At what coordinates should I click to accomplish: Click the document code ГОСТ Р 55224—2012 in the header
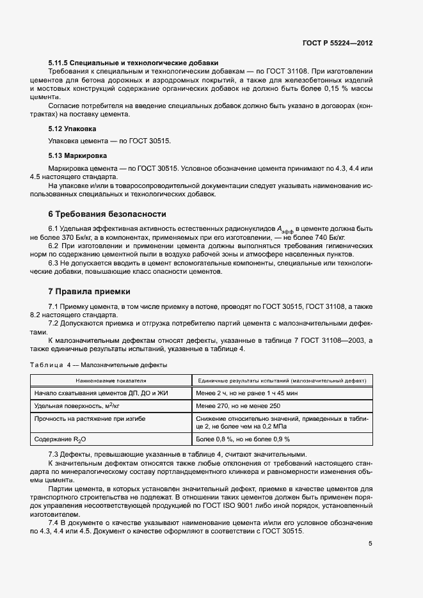[x=337, y=43]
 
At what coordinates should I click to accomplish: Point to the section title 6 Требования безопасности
[x=107, y=214]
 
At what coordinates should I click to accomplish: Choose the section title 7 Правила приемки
[x=89, y=290]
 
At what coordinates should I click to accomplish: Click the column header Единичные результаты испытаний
[x=282, y=381]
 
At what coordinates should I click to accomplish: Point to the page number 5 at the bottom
[x=370, y=544]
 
